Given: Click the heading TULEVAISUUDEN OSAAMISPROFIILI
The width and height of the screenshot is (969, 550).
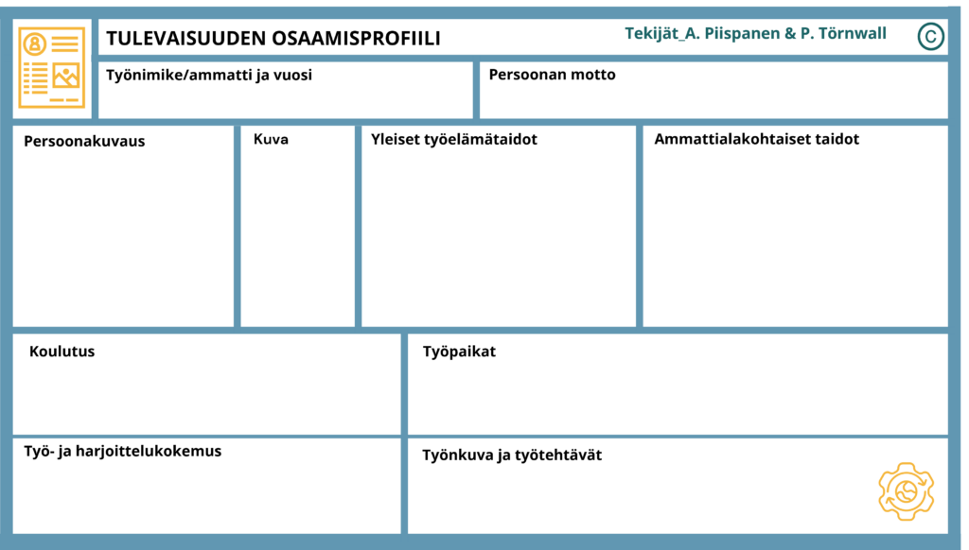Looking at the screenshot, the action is coord(273,38).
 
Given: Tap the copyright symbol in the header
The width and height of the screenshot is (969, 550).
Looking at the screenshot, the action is coord(931,36).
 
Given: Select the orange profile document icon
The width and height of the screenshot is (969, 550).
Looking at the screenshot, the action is coord(52,67).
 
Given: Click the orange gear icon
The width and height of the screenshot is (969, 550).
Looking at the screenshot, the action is coord(906,491).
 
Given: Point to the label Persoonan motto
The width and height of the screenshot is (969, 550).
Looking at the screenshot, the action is coord(552,75).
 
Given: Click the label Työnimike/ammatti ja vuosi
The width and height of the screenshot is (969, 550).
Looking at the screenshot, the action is coord(209,76).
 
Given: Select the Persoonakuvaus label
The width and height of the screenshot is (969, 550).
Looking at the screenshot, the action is coord(84,142).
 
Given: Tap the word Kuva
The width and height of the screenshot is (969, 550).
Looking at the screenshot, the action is coord(271,139).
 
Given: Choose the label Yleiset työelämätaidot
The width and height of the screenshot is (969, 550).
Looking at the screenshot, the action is coord(453,140).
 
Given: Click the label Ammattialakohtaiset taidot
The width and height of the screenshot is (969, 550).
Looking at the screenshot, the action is coord(756,139).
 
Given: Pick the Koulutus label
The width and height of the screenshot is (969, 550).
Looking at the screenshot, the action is coord(62,352).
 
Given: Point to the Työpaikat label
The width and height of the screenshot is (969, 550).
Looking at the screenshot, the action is coord(459,352).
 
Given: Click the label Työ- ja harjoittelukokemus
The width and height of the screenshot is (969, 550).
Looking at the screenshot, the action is coord(122,451).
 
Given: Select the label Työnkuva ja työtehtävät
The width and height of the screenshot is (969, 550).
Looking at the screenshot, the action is coord(512,455).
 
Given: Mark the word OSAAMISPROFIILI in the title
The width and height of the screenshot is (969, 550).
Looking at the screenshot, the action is coord(356,38).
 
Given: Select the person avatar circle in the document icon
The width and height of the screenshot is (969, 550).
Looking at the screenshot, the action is coord(35,44).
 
